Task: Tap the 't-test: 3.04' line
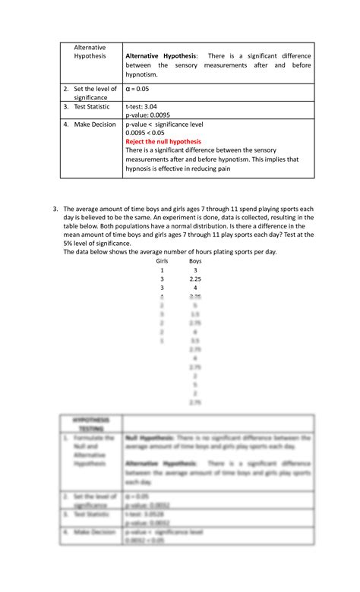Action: [141, 107]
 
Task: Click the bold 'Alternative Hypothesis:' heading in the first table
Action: [161, 56]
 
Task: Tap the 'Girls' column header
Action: [161, 260]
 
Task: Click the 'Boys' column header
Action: [195, 260]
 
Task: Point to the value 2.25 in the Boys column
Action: [195, 279]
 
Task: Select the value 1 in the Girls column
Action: [161, 269]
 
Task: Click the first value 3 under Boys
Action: [195, 269]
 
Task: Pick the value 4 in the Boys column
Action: [195, 288]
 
